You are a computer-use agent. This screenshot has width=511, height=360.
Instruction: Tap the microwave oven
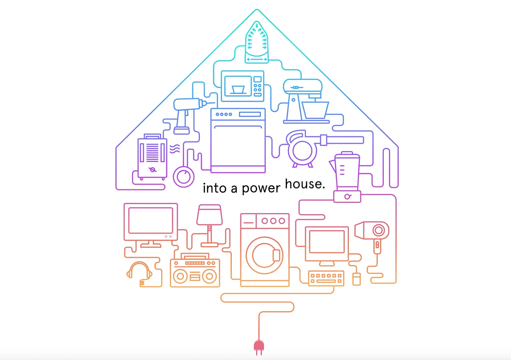[x=243, y=86]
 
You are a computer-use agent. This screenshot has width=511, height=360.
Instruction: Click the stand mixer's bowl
[x=315, y=110]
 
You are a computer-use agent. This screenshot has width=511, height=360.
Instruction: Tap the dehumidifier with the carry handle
[x=152, y=156]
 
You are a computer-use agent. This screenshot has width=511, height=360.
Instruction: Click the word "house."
[x=305, y=184]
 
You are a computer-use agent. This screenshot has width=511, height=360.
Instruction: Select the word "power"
[x=261, y=188]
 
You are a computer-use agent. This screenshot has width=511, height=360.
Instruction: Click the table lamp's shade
[x=210, y=215]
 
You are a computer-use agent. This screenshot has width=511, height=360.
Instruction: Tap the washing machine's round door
[x=265, y=255]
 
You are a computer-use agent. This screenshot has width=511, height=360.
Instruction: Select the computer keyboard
[x=326, y=278]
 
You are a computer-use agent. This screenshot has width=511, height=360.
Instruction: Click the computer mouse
[x=356, y=279]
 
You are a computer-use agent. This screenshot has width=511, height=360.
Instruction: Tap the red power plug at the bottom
[x=259, y=347]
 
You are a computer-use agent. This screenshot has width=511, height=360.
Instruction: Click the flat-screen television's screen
[x=151, y=220]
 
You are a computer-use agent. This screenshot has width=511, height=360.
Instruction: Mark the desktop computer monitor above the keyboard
[x=327, y=242]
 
